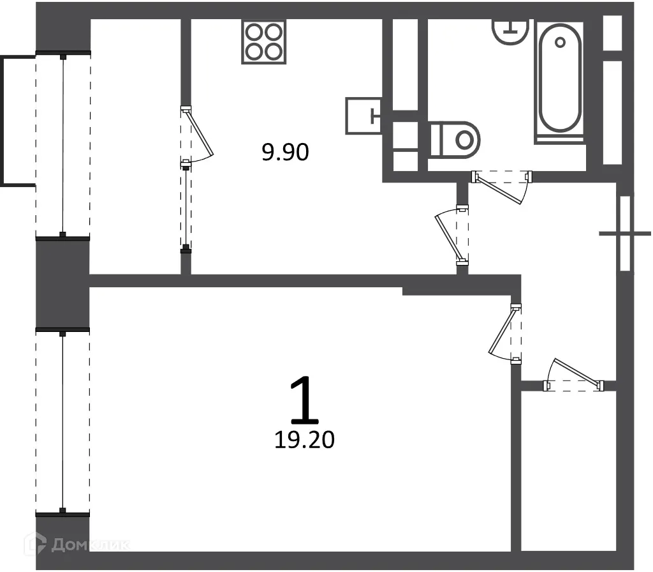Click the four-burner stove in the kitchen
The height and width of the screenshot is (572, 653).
pyautogui.click(x=263, y=41)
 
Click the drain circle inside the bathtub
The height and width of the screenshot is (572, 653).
pyautogui.click(x=561, y=43)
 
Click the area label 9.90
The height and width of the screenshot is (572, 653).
pyautogui.click(x=285, y=152)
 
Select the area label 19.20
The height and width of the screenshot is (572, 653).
pyautogui.click(x=304, y=439)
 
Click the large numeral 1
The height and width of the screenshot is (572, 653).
pyautogui.click(x=304, y=400)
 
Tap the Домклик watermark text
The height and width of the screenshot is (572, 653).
pyautogui.click(x=89, y=545)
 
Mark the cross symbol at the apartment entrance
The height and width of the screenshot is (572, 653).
pyautogui.click(x=625, y=234)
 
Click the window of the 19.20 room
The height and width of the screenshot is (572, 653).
pyautogui.click(x=62, y=421)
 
